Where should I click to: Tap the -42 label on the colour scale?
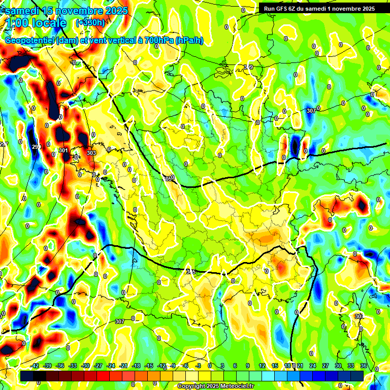click(36, 366)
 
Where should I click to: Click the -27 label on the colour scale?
click(98, 366)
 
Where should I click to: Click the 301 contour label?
click(63, 150)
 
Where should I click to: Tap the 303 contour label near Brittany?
click(91, 153)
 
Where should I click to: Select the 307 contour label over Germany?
click(311, 110)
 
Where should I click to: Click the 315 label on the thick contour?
click(191, 272)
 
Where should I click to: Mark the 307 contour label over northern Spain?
click(119, 321)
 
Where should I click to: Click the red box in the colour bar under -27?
click(98, 376)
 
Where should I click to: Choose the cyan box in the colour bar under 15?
click(274, 376)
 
